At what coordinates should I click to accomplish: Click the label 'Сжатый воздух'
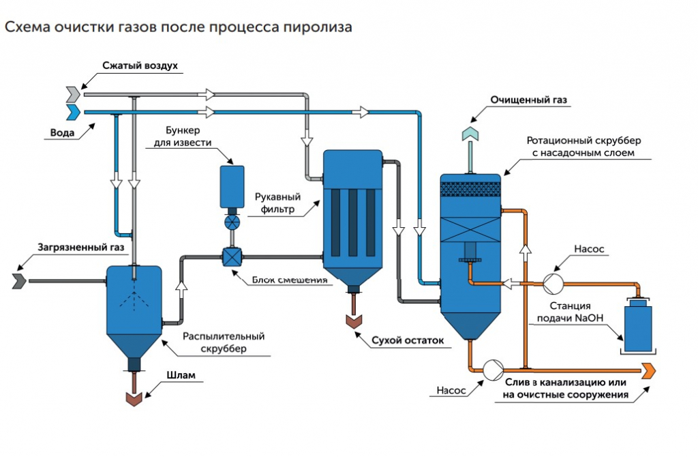click(x=140, y=66)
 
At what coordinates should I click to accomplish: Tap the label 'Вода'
click(x=63, y=132)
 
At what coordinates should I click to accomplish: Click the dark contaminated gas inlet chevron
click(x=19, y=280)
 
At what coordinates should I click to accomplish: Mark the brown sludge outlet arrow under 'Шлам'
click(x=134, y=398)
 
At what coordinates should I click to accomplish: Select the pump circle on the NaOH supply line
click(x=551, y=280)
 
